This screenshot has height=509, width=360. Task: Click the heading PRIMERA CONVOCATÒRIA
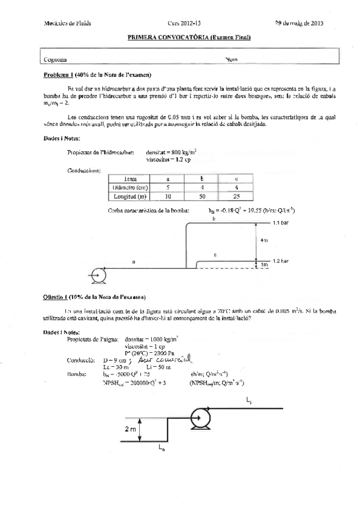click(x=190, y=38)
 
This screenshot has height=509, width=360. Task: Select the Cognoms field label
click(x=56, y=59)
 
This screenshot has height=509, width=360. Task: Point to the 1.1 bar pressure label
click(x=281, y=223)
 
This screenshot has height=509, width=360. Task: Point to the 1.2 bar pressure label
click(x=281, y=262)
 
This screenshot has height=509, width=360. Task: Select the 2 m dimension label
click(x=131, y=429)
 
